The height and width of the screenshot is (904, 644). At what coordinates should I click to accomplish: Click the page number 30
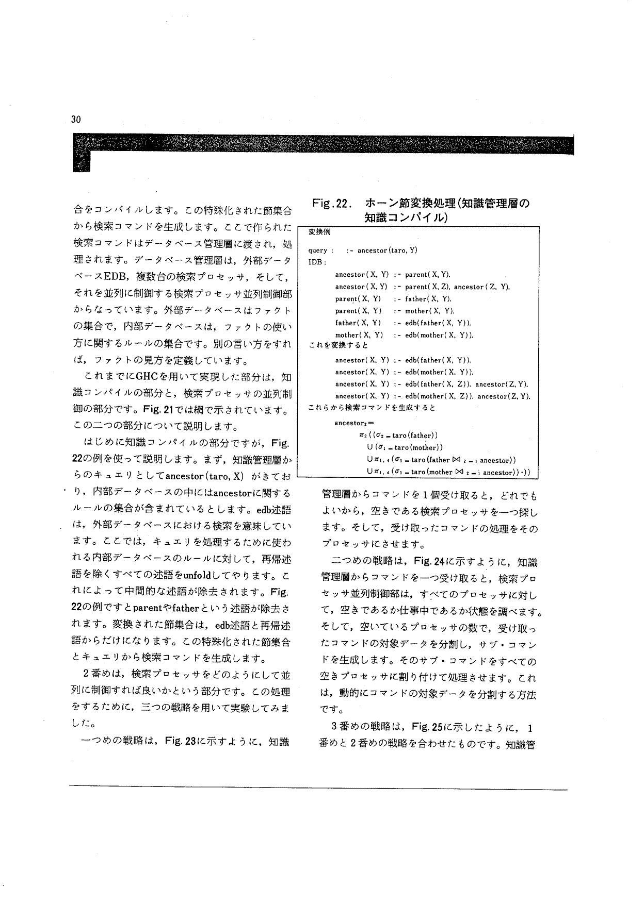point(76,120)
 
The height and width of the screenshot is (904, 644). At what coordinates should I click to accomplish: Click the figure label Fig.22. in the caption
point(331,204)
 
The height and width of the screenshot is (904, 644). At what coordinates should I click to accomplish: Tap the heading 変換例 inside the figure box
point(319,232)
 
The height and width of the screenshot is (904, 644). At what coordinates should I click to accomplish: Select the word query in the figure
point(318,250)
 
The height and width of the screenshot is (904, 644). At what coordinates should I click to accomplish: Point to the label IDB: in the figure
point(317,262)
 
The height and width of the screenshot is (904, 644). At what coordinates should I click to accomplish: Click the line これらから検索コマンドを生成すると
point(372,408)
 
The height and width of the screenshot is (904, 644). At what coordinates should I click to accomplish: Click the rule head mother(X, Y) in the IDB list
point(359,335)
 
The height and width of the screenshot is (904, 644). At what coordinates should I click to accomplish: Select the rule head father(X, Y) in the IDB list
point(358,323)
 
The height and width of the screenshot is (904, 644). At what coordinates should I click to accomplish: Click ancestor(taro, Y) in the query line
point(388,250)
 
